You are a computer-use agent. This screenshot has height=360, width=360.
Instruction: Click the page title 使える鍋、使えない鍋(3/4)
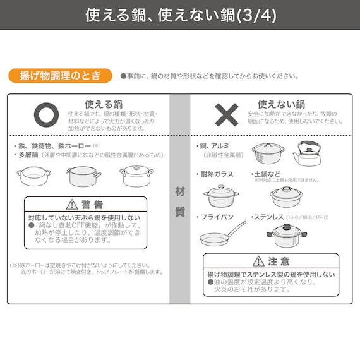click(x=181, y=15)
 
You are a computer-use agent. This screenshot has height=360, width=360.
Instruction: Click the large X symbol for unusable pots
click(x=225, y=114)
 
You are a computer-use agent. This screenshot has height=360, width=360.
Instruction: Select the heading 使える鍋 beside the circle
click(x=104, y=104)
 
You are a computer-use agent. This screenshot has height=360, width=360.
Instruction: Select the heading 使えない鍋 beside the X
click(x=281, y=104)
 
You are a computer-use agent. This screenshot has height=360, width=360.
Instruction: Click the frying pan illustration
click(x=222, y=237)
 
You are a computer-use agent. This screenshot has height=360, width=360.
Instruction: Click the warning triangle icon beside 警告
click(x=69, y=205)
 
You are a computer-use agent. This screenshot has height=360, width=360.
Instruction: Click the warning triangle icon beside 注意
click(x=258, y=261)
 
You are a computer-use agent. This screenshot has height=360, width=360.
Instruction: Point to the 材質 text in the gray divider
click(x=179, y=201)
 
